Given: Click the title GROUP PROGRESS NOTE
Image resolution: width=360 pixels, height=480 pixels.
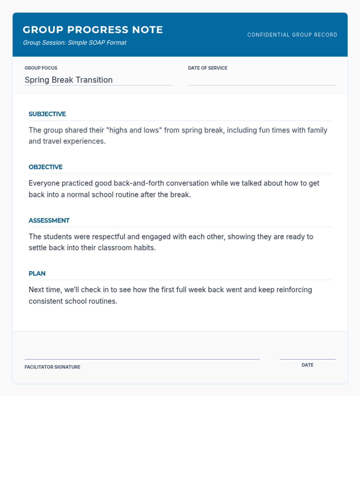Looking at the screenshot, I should pyautogui.click(x=93, y=30).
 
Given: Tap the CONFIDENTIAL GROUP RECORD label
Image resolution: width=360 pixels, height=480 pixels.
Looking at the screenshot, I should pyautogui.click(x=292, y=35).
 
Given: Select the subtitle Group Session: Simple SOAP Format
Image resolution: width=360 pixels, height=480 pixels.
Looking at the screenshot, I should pyautogui.click(x=75, y=43).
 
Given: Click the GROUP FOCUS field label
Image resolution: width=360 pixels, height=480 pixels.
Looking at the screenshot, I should pyautogui.click(x=41, y=68).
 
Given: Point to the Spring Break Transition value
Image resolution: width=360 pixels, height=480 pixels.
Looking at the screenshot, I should pyautogui.click(x=68, y=80).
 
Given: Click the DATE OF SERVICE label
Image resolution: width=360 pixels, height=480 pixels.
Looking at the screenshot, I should pyautogui.click(x=208, y=68).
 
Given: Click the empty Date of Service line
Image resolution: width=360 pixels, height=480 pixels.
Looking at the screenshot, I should pyautogui.click(x=262, y=81).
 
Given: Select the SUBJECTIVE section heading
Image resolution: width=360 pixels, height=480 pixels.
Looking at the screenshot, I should pyautogui.click(x=47, y=114).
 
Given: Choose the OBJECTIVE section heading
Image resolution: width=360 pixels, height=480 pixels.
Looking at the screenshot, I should pyautogui.click(x=46, y=167).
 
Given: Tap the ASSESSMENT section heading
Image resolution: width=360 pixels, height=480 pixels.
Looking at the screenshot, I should pyautogui.click(x=49, y=220).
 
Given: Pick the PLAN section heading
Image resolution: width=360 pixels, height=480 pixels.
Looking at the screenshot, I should pyautogui.click(x=37, y=274).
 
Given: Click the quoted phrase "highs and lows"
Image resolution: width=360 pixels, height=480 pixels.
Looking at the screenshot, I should pyautogui.click(x=134, y=130).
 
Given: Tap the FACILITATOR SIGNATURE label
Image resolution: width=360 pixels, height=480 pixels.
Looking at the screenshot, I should pyautogui.click(x=52, y=367).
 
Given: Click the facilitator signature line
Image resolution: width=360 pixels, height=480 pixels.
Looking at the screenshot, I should pyautogui.click(x=142, y=359).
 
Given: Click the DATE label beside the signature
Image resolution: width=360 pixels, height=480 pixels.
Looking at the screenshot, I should pyautogui.click(x=307, y=365).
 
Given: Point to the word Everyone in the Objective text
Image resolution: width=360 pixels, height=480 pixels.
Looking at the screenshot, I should pyautogui.click(x=44, y=183).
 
